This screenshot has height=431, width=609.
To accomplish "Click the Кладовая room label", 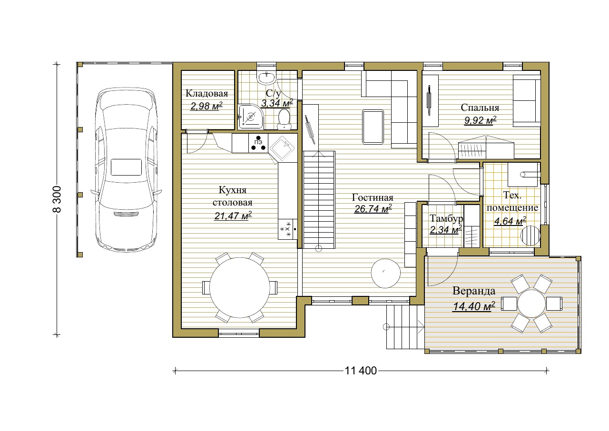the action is click(x=206, y=94).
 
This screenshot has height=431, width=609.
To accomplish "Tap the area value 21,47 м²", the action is click(x=233, y=216).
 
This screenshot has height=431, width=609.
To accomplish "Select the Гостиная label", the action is click(x=373, y=197).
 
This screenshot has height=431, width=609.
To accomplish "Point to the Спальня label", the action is click(x=480, y=108).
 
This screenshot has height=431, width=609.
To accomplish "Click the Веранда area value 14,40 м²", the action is click(x=473, y=306).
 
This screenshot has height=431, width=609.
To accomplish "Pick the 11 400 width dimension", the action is click(x=361, y=371).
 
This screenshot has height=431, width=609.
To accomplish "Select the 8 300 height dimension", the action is click(x=57, y=199).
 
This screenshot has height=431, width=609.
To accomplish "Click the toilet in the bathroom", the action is click(x=284, y=119).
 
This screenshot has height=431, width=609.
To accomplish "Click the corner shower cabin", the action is click(x=251, y=117).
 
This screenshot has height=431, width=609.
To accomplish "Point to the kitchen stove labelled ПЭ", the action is click(x=258, y=143).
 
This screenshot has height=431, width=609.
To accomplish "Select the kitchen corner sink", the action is click(x=282, y=148).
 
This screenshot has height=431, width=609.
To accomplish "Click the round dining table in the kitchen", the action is click(x=239, y=287).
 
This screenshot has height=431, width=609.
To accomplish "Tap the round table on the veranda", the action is click(x=531, y=304).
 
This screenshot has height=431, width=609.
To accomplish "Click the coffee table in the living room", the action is click(x=373, y=127).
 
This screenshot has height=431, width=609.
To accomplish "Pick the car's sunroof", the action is click(x=126, y=167).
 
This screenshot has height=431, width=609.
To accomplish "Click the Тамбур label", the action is click(x=446, y=218).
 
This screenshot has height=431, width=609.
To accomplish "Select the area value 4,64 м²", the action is click(x=510, y=221).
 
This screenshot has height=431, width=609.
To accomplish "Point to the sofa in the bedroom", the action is click(x=526, y=101).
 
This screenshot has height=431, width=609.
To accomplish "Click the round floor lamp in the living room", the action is click(x=386, y=274).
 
